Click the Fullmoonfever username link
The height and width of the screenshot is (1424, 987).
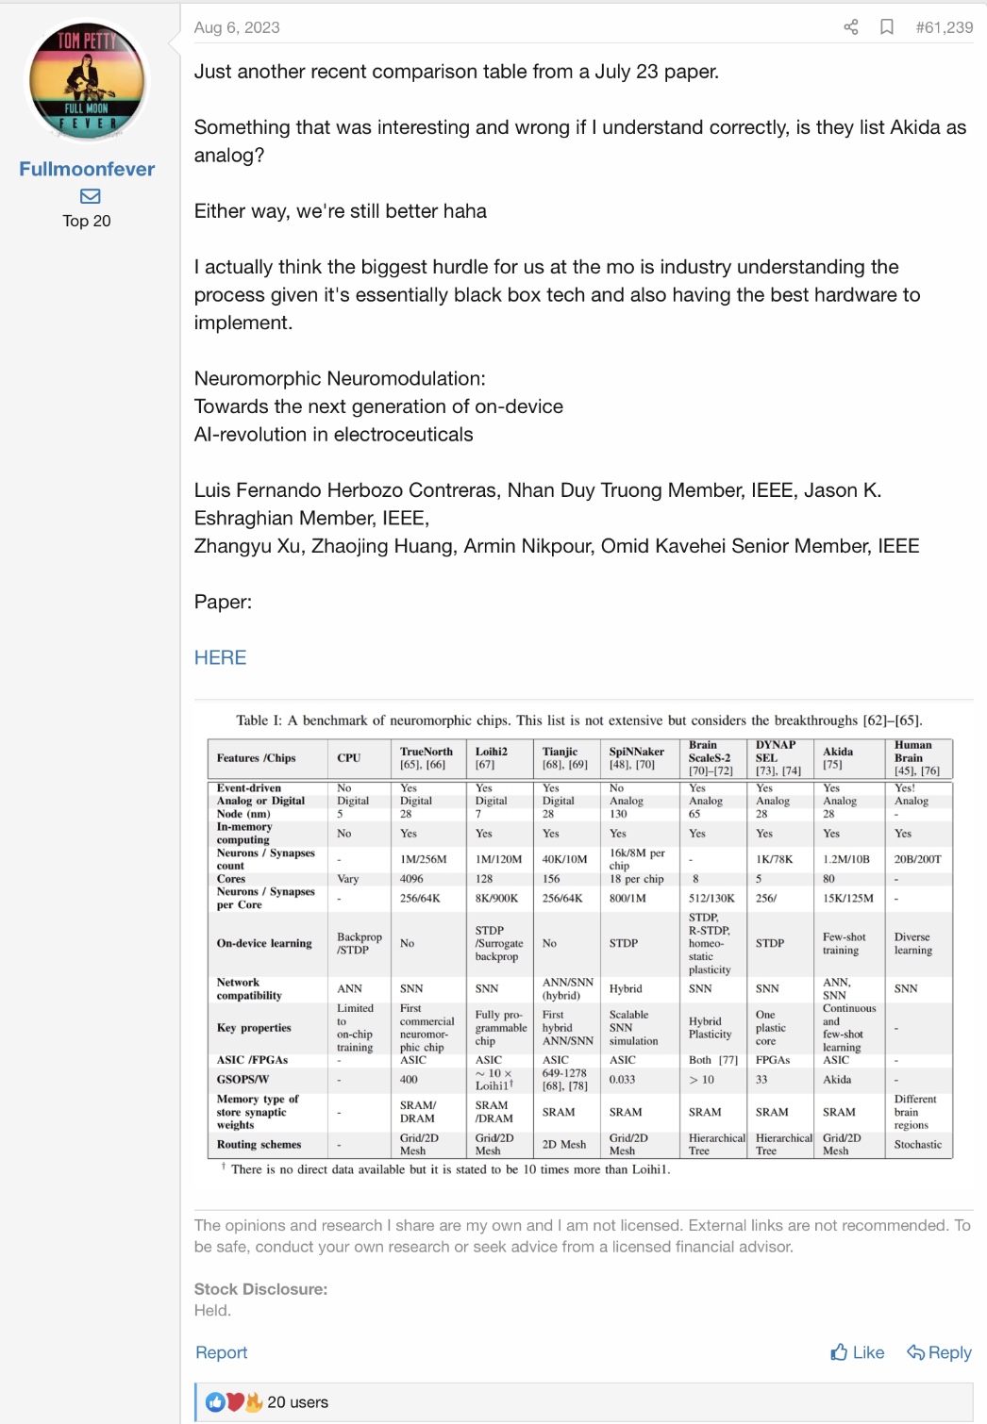pyautogui.click(x=87, y=169)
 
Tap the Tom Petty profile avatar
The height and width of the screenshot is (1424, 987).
pyautogui.click(x=87, y=81)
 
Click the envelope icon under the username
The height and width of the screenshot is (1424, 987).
pyautogui.click(x=90, y=196)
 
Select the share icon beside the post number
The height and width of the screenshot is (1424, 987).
pyautogui.click(x=850, y=27)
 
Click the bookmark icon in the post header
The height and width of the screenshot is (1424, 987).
pyautogui.click(x=886, y=27)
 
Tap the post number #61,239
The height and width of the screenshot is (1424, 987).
pyautogui.click(x=944, y=27)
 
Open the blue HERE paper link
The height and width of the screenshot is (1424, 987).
pyautogui.click(x=220, y=657)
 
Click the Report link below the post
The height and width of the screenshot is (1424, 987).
pyautogui.click(x=221, y=1352)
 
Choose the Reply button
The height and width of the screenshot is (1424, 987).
pyautogui.click(x=939, y=1352)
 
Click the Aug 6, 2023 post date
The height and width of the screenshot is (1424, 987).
pyautogui.click(x=237, y=27)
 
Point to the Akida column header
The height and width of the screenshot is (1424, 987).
pyautogui.click(x=838, y=752)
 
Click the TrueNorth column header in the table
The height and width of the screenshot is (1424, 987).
pyautogui.click(x=426, y=752)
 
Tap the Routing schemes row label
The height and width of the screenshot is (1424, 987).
pyautogui.click(x=259, y=1144)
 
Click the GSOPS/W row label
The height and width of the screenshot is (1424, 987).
pyautogui.click(x=243, y=1079)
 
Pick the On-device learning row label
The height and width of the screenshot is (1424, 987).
pyautogui.click(x=264, y=943)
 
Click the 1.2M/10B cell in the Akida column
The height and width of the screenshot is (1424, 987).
pyautogui.click(x=845, y=859)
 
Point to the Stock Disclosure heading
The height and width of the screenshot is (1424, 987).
pyautogui.click(x=260, y=1289)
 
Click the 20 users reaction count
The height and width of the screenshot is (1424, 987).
pyautogui.click(x=297, y=1402)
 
